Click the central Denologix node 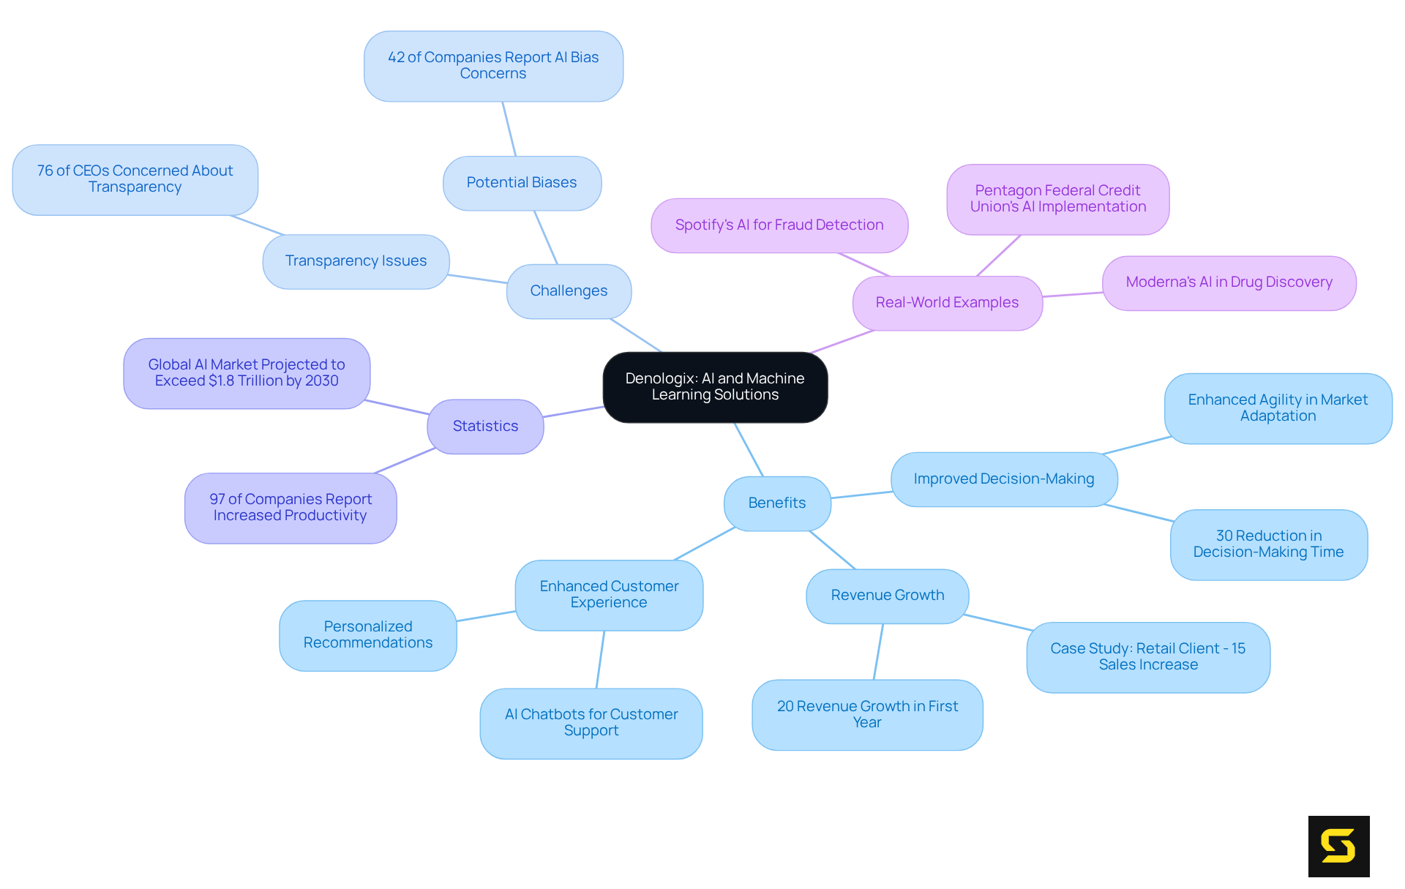pos(715,387)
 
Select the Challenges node pos(569,291)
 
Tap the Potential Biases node pos(522,183)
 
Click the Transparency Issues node pos(356,261)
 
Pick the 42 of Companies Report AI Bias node pos(493,66)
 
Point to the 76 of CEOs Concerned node pos(135,179)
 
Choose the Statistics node pos(485,426)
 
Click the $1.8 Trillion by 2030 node pos(247,373)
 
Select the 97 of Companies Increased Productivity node pos(291,508)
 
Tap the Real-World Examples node pos(947,303)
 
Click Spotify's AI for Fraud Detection pos(779,225)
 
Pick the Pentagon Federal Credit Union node pos(1057,199)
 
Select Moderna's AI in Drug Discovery pos(1229,282)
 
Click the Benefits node pos(776,503)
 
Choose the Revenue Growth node pos(887,596)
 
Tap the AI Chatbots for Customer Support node pos(591,723)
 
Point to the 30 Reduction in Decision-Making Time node pos(1268,544)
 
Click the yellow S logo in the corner pos(1338,846)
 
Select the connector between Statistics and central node pos(574,412)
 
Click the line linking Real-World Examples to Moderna pos(1073,294)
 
